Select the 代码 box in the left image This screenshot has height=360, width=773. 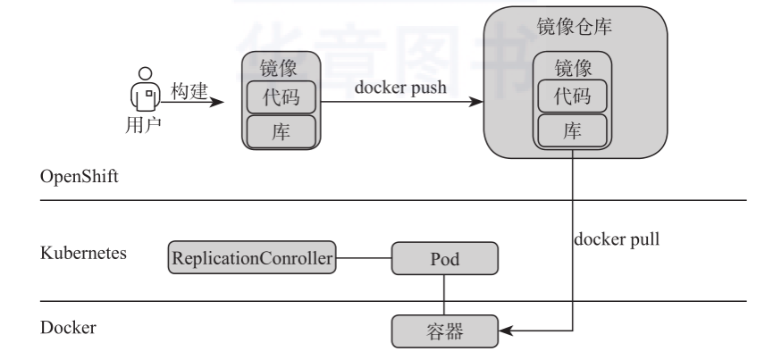[x=281, y=96]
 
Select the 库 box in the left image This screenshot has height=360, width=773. [x=281, y=130]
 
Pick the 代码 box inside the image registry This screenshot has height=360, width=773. [x=573, y=96]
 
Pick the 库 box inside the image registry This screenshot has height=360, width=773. [x=573, y=130]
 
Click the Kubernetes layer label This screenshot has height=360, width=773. [x=84, y=253]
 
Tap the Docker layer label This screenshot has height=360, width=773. [x=69, y=328]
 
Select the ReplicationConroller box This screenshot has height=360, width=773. [x=252, y=258]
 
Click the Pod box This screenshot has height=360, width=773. [x=444, y=258]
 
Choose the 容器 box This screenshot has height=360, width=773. [x=444, y=331]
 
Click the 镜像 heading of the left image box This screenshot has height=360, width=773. [x=281, y=68]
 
